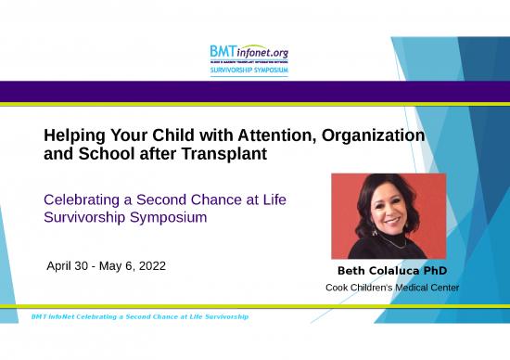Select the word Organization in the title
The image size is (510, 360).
pyautogui.click(x=375, y=136)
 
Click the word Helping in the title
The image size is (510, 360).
pyautogui.click(x=75, y=136)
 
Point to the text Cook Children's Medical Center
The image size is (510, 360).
pyautogui.click(x=391, y=288)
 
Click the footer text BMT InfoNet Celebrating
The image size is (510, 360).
pyautogui.click(x=83, y=317)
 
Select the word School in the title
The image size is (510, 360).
pyautogui.click(x=96, y=155)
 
